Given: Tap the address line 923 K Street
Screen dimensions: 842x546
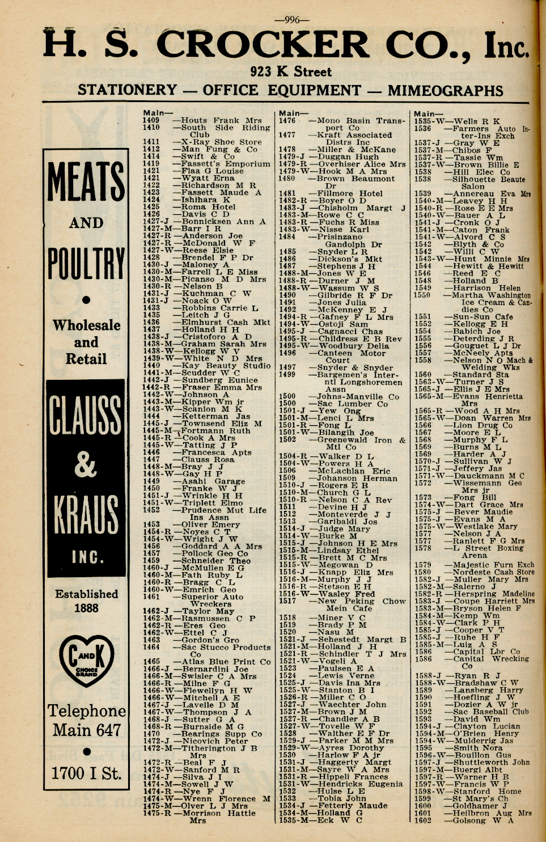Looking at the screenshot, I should (290, 71).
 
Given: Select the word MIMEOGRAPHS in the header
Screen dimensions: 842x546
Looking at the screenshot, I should (445, 90).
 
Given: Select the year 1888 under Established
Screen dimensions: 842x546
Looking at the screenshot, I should (86, 608).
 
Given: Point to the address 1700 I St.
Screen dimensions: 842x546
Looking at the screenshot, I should (86, 773).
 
